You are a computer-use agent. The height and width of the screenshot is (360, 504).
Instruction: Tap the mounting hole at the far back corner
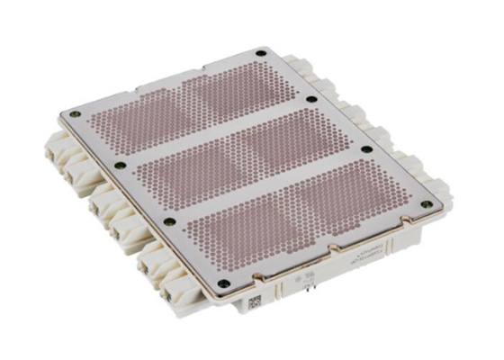click(x=261, y=53)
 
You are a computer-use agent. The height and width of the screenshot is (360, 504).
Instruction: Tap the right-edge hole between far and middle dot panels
click(x=311, y=99)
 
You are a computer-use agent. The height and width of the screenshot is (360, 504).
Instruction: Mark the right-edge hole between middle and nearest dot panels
click(x=366, y=149)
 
